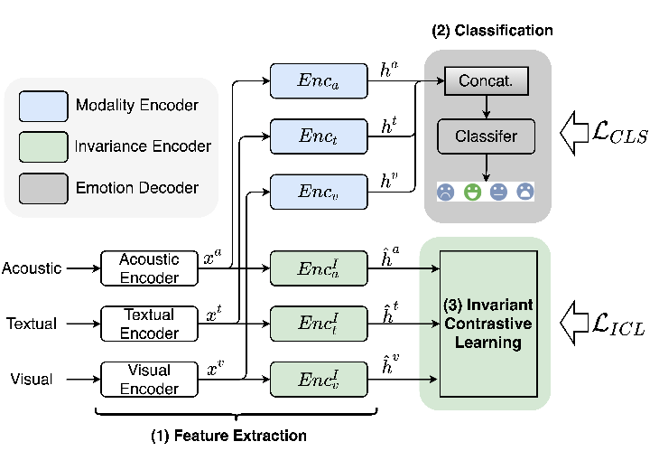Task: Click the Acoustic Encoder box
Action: click(x=150, y=267)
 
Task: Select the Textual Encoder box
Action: click(x=150, y=323)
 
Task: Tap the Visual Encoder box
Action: click(x=150, y=379)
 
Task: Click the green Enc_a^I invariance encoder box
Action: click(x=320, y=267)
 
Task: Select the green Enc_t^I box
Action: click(x=320, y=323)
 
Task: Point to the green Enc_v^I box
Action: click(x=320, y=379)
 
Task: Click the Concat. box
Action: click(x=487, y=82)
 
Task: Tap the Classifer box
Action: click(x=487, y=136)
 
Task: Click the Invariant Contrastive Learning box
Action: click(x=488, y=323)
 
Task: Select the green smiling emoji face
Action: click(x=471, y=192)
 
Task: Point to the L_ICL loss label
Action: click(x=608, y=318)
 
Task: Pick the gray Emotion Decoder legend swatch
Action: click(x=42, y=188)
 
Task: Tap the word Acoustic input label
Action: click(x=32, y=268)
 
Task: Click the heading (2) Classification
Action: click(x=491, y=31)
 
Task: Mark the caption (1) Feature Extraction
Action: click(x=228, y=436)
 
